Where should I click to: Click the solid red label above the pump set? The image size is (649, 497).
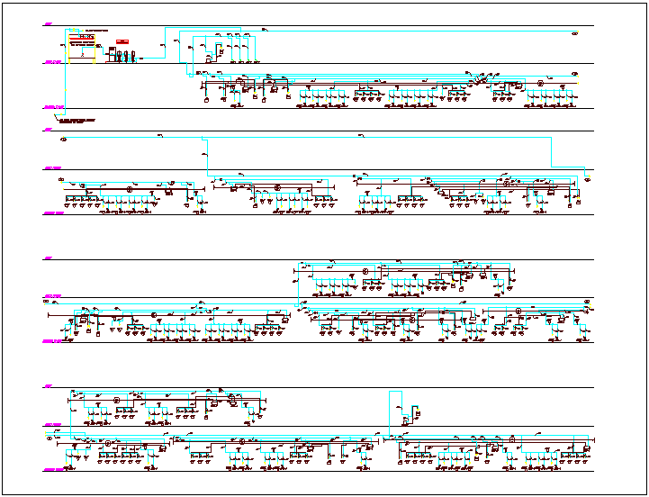[x=122, y=41]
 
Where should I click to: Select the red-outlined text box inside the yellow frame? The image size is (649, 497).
[x=86, y=36]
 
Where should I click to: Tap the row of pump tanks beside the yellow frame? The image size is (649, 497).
[x=122, y=56]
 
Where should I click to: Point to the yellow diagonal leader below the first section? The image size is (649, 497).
[x=58, y=116]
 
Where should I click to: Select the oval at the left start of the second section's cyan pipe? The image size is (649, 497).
[x=63, y=140]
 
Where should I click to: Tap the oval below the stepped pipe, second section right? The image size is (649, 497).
[x=587, y=178]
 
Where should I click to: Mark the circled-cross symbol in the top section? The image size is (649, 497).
[x=540, y=84]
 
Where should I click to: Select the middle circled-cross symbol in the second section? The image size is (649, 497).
[x=277, y=187]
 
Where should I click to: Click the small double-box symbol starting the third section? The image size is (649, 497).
[x=48, y=302]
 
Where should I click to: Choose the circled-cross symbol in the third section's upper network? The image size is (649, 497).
[x=366, y=271]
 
